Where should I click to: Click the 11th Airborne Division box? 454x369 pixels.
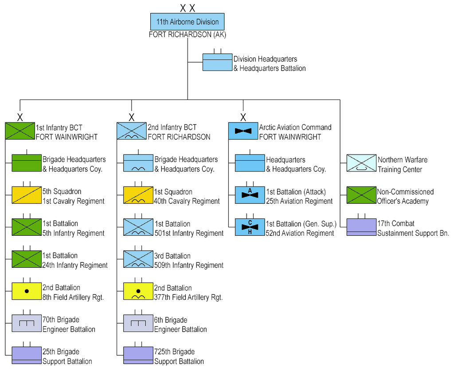187,22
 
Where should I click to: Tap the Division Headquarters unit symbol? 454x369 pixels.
217,62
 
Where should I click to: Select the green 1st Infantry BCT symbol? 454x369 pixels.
20,131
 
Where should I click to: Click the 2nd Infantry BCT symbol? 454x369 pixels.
132,131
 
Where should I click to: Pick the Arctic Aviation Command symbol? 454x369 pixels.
243,131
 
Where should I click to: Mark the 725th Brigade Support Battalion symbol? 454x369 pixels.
138,356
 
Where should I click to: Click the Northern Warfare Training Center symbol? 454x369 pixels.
361,163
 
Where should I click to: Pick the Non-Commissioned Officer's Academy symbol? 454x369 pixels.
361,195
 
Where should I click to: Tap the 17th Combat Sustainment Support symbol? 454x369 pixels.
361,227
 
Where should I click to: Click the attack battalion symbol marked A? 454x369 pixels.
250,195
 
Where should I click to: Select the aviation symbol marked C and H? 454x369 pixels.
250,227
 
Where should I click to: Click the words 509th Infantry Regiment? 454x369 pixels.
189,266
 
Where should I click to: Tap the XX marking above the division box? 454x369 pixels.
187,8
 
